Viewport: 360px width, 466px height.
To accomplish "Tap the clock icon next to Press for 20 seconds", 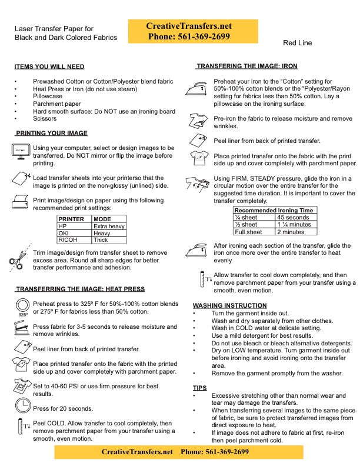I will point(22,405).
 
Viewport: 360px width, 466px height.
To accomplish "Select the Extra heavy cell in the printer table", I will point(109,226).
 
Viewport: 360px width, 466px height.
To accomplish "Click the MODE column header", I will point(102,219).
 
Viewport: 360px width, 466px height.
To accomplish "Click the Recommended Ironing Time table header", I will point(274,210).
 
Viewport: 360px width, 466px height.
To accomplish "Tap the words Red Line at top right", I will point(297,43).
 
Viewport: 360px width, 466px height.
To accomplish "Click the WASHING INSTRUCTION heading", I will point(229,305).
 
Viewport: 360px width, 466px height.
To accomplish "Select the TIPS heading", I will point(199,388).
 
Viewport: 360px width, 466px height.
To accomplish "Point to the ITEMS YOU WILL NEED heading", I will point(49,66).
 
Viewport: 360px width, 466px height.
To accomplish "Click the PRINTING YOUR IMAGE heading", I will point(52,133).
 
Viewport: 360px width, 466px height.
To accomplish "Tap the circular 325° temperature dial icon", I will point(22,304).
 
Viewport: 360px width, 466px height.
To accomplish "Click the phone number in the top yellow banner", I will point(192,36).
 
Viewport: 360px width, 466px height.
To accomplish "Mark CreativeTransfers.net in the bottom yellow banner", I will point(137,452).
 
